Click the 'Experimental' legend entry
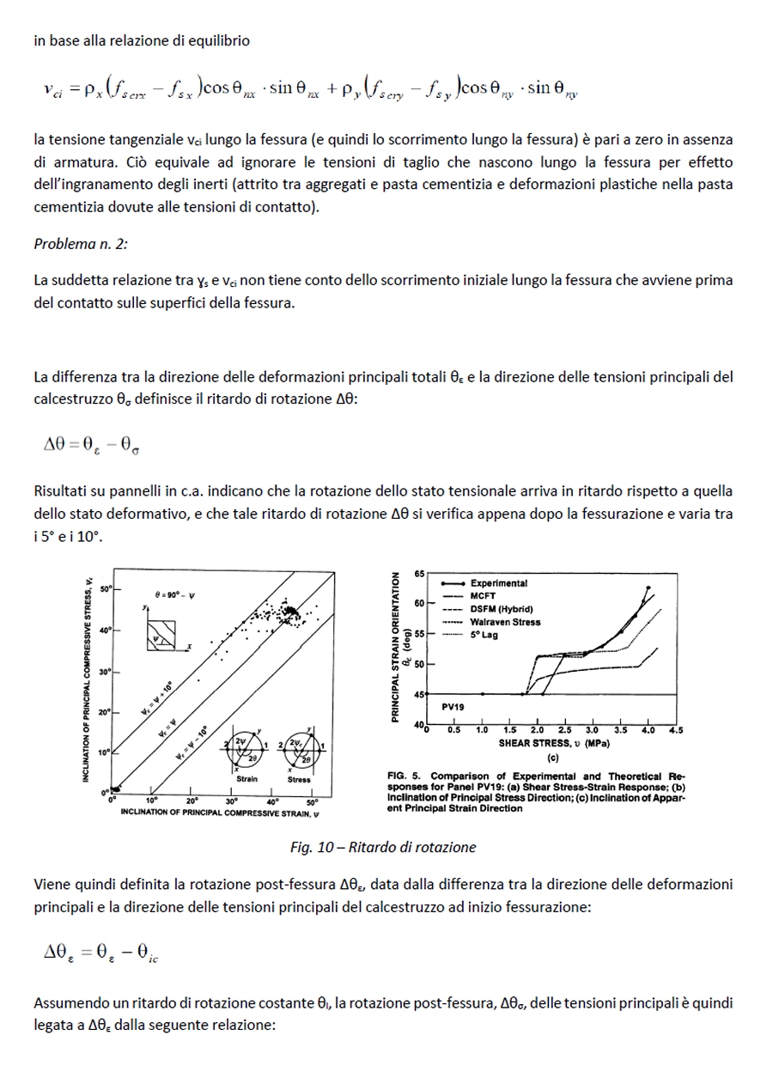[498, 583]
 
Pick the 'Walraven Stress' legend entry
[505, 622]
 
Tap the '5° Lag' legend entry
[484, 635]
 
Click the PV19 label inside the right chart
[453, 706]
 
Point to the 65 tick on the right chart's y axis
[419, 572]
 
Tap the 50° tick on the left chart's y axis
[106, 589]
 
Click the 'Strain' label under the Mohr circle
[247, 779]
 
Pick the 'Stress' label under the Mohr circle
[299, 779]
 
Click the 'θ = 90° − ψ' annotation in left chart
[174, 594]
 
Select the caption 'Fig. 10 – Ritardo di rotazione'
[383, 847]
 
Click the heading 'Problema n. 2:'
[81, 243]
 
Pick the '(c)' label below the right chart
[552, 758]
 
